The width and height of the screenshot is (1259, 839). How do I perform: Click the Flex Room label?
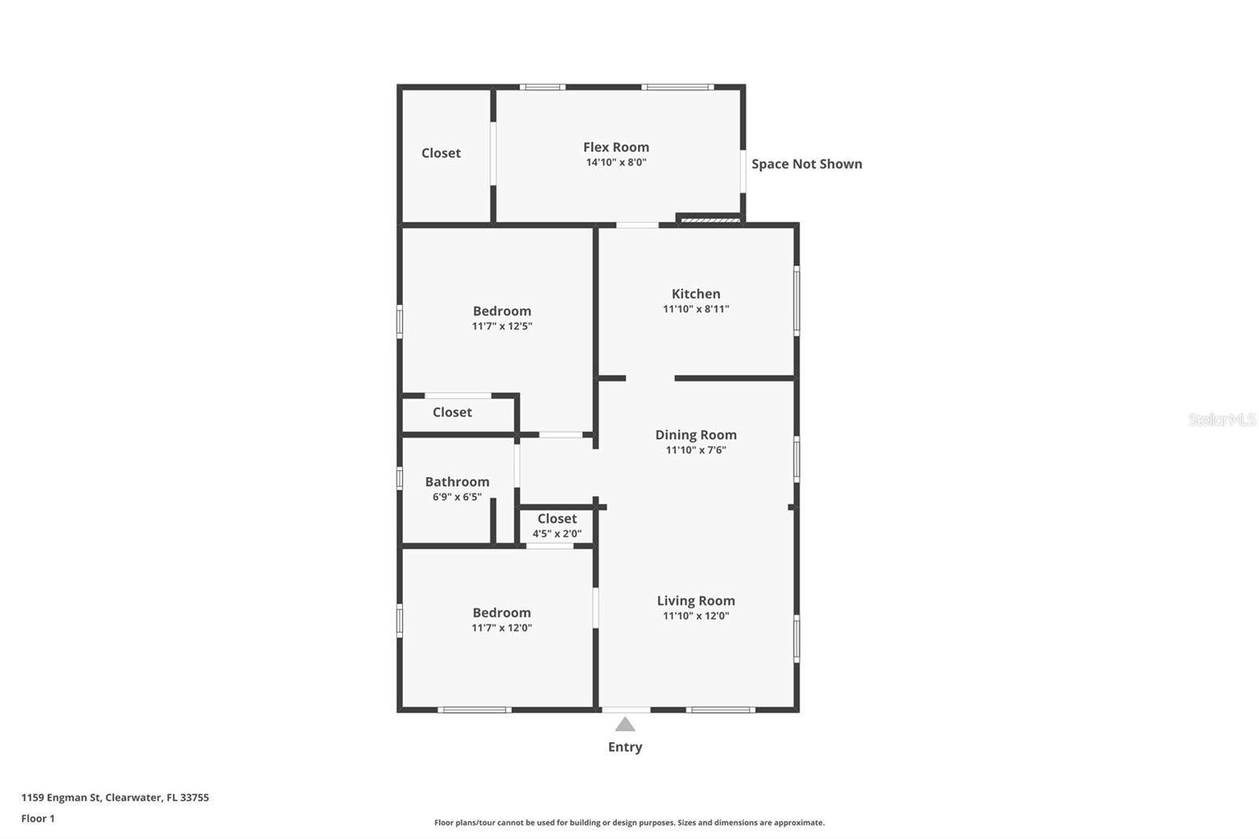point(615,147)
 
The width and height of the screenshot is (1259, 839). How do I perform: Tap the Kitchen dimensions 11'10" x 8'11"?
point(696,309)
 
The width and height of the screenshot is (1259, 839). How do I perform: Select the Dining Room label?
point(696,434)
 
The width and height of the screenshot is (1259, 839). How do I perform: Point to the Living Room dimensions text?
point(696,616)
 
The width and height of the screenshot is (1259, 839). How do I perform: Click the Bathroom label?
point(457,482)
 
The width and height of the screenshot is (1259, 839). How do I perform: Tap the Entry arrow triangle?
point(625,725)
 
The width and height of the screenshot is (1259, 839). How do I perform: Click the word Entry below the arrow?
point(625,747)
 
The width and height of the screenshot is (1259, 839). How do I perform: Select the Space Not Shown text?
point(807,164)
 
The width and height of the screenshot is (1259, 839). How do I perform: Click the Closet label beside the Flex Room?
point(441,153)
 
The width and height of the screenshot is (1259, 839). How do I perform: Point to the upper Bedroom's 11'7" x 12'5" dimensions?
point(502,326)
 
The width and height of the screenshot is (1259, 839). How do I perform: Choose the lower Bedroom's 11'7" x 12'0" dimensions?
point(502,628)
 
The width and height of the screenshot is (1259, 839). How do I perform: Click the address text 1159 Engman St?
point(115,797)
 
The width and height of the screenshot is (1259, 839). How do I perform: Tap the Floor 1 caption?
point(38,819)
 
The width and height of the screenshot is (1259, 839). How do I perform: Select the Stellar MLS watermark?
point(1221,419)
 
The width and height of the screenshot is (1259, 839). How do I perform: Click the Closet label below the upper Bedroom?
point(452,412)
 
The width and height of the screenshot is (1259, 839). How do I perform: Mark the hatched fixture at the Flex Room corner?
point(710,220)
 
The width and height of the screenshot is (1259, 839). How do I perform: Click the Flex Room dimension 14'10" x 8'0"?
point(615,163)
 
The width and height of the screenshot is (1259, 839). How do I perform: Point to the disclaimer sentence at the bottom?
point(629,822)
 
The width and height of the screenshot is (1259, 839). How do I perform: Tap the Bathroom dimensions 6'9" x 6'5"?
point(457,497)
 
